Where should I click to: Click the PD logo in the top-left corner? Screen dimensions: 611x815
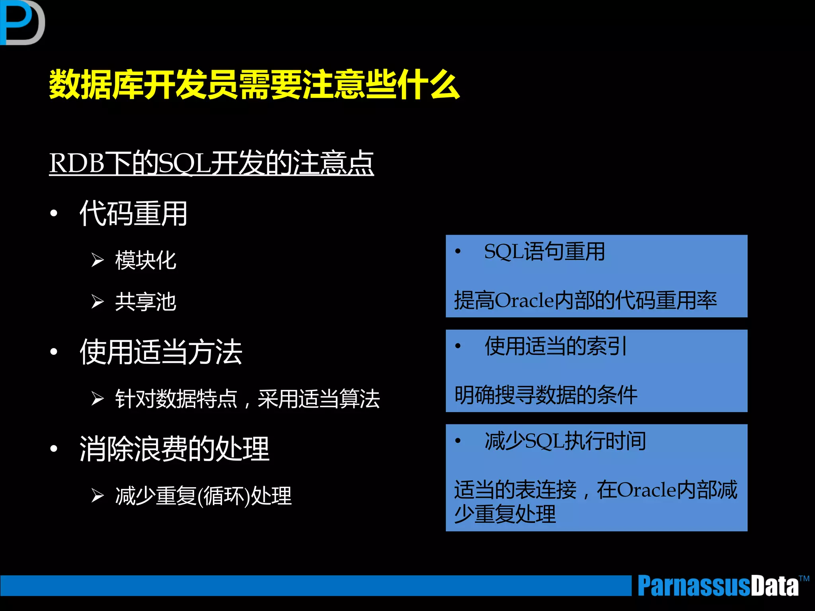pyautogui.click(x=22, y=22)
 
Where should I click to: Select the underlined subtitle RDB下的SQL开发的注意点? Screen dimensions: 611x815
pyautogui.click(x=211, y=163)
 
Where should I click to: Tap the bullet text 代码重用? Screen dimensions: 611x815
pyautogui.click(x=133, y=214)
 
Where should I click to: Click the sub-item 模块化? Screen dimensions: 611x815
pyautogui.click(x=146, y=261)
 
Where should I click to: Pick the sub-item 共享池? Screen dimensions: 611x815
pyautogui.click(x=146, y=302)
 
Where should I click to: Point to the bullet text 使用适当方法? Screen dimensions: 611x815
pyautogui.click(x=161, y=352)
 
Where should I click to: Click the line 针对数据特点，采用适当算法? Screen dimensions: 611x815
pyautogui.click(x=247, y=399)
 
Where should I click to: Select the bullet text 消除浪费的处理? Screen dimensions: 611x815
pyautogui.click(x=174, y=449)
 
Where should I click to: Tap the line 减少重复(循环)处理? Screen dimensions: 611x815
pyautogui.click(x=203, y=496)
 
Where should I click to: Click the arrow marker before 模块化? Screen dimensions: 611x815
pyautogui.click(x=97, y=260)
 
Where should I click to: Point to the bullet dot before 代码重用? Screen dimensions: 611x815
pyautogui.click(x=54, y=213)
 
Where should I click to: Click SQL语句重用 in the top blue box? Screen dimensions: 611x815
pyautogui.click(x=544, y=252)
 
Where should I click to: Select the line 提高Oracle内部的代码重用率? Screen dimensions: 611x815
pyautogui.click(x=585, y=300)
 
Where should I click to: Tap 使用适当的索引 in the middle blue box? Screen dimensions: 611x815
pyautogui.click(x=556, y=346)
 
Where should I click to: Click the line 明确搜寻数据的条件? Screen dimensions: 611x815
pyautogui.click(x=546, y=395)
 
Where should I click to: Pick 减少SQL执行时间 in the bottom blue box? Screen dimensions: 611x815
pyautogui.click(x=565, y=441)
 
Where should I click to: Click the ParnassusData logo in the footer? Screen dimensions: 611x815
pyautogui.click(x=718, y=586)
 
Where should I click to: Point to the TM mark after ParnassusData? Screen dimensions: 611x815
pyautogui.click(x=804, y=578)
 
